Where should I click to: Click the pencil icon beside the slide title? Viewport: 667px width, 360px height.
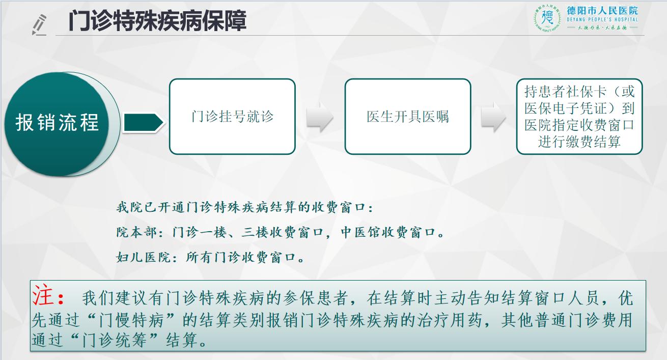(x=39, y=24)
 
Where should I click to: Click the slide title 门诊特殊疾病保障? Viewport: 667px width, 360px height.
(x=157, y=20)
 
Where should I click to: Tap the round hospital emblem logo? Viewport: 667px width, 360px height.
(x=547, y=18)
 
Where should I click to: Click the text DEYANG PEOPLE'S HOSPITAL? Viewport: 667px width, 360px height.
(x=602, y=20)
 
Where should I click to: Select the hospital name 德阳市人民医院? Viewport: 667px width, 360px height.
(x=602, y=11)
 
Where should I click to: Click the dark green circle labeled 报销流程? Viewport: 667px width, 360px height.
(x=57, y=124)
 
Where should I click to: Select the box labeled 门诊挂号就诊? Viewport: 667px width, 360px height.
(x=232, y=117)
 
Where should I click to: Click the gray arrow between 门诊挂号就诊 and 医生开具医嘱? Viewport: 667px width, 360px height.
(x=320, y=117)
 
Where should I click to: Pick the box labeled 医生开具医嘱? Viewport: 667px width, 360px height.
(x=408, y=117)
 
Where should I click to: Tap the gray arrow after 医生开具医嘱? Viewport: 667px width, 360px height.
(x=493, y=117)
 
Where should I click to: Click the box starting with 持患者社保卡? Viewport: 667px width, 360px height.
(x=579, y=117)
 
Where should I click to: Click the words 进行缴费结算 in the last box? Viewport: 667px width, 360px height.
(x=579, y=142)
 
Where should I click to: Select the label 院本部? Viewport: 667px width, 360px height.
(x=136, y=232)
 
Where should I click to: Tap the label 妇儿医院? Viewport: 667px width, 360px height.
(x=143, y=257)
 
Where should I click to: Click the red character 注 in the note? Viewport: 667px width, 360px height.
(x=43, y=295)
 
